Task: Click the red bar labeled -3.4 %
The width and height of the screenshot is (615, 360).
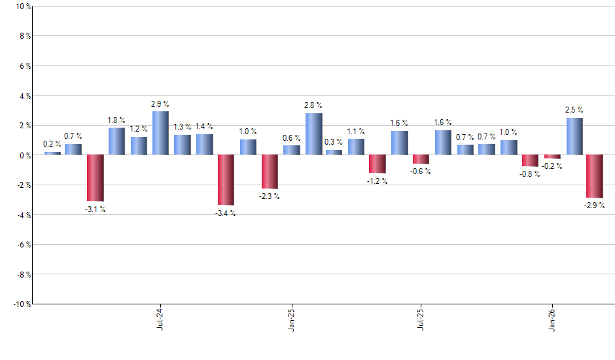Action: (226, 180)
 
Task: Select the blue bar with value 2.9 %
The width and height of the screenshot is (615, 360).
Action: (160, 134)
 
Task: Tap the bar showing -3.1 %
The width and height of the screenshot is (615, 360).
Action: (95, 178)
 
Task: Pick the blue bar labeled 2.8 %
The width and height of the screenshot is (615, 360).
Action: (313, 134)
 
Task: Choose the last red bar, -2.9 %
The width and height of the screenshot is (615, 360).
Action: (594, 177)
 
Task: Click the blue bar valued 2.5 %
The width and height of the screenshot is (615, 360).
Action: (574, 136)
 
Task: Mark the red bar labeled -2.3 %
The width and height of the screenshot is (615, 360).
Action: (270, 172)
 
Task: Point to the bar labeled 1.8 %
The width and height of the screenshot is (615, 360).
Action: (116, 141)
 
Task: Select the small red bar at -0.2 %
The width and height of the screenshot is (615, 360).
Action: (553, 157)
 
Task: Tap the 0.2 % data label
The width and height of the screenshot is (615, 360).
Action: (52, 144)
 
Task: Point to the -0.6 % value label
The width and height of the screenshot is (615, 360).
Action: (421, 172)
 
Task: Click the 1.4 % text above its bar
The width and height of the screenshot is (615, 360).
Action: (205, 126)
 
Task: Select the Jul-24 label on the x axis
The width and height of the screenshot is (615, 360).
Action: (160, 319)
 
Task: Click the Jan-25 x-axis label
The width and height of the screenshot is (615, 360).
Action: (291, 319)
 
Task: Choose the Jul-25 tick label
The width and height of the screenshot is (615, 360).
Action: (421, 319)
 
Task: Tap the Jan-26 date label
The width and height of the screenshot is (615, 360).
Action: (552, 319)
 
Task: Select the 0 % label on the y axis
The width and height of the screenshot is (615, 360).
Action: (24, 155)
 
